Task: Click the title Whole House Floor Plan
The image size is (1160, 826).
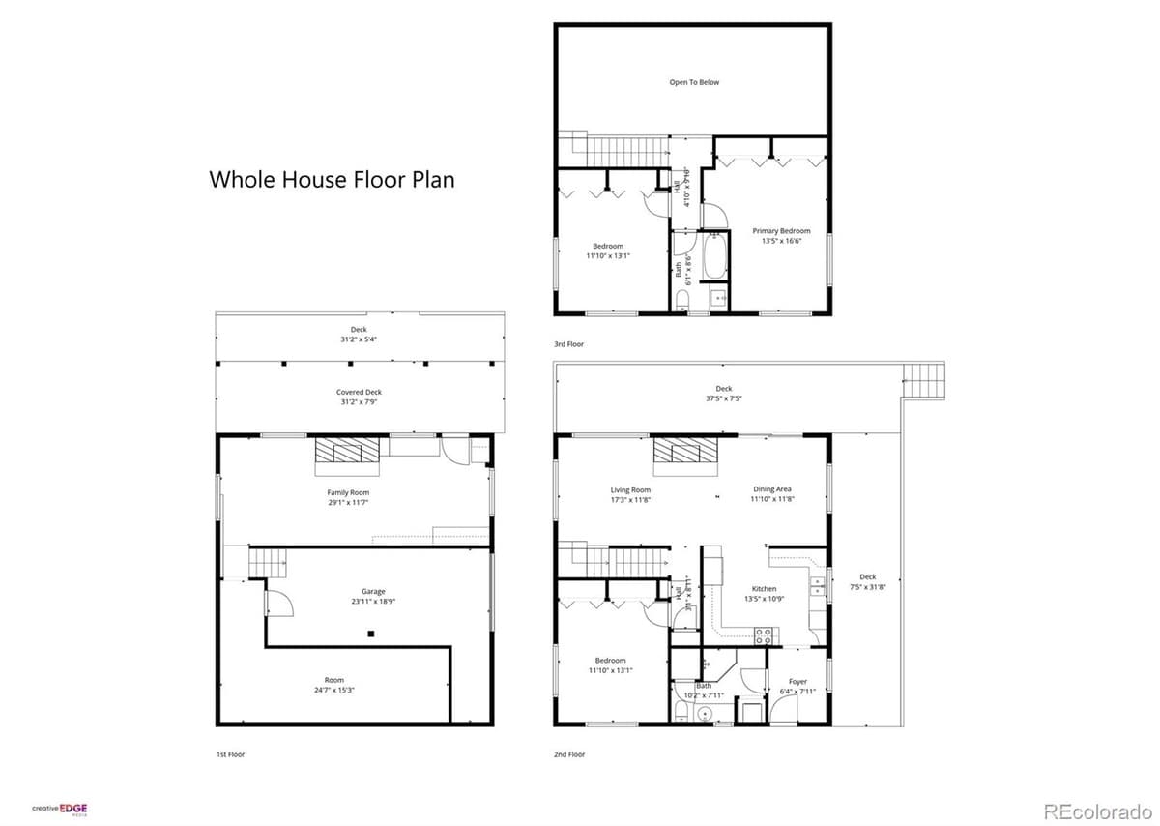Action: click(332, 180)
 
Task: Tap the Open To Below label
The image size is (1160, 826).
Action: click(694, 83)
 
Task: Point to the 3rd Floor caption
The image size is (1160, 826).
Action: click(568, 344)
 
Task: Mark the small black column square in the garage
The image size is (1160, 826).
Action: click(370, 634)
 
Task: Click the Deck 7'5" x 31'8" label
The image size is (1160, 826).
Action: click(867, 581)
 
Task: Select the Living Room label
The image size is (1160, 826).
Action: click(630, 494)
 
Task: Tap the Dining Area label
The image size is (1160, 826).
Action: click(772, 494)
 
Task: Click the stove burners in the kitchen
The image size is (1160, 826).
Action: click(763, 635)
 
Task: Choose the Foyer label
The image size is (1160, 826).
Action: click(797, 686)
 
